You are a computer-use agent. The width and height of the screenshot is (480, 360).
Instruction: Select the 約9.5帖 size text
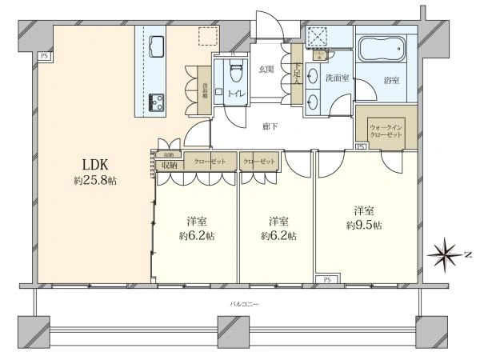[x=364, y=226]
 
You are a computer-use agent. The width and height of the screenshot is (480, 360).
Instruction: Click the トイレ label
[x=236, y=94]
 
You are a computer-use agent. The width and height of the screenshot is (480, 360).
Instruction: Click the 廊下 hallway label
[x=270, y=126]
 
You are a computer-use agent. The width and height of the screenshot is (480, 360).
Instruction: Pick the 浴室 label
[x=391, y=82]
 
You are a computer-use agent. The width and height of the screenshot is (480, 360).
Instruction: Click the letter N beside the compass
[x=468, y=256]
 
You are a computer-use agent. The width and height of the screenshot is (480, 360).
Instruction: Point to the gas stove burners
[x=154, y=101]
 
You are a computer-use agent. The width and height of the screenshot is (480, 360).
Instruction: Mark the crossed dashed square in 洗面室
[x=318, y=37]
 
